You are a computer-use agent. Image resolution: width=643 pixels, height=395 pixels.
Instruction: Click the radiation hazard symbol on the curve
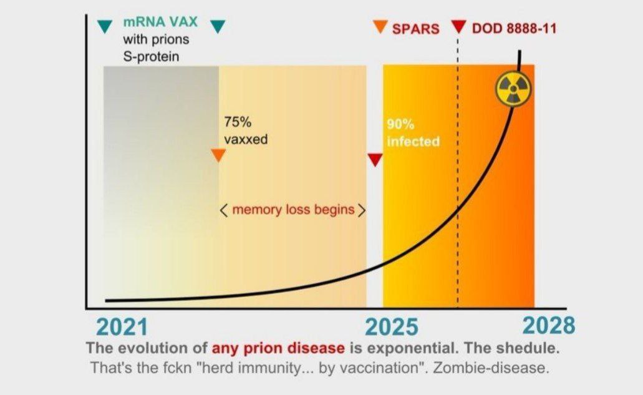coord(513,89)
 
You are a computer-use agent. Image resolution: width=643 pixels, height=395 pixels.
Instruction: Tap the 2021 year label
coord(122,328)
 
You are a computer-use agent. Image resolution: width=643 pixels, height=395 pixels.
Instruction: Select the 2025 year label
coord(392,328)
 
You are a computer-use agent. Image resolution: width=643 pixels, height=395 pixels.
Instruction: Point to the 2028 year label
coord(549,326)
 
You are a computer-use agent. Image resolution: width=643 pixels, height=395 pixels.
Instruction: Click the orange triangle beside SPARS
coord(380,27)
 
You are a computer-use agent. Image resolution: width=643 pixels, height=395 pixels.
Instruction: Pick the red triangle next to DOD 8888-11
coord(458,27)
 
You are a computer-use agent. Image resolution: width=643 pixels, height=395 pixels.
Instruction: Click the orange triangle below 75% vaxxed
coord(218,155)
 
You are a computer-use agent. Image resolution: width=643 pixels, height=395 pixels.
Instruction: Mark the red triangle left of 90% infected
coord(375,160)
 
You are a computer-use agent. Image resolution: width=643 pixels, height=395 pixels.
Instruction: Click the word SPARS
coord(416,29)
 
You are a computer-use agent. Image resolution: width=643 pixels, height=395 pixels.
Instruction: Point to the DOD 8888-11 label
coord(515,28)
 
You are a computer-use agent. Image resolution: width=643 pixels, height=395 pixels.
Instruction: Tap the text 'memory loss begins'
coord(293,210)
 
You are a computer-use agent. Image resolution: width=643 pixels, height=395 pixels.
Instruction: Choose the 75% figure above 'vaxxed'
coord(238,122)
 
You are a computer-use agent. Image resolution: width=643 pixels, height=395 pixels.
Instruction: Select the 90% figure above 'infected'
coord(400,124)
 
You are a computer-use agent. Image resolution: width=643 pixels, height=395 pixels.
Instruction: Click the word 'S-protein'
coord(152,56)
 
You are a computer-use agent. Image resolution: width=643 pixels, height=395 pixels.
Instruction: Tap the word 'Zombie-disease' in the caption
coord(491,368)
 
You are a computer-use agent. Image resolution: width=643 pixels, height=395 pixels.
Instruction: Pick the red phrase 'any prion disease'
coord(278,348)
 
